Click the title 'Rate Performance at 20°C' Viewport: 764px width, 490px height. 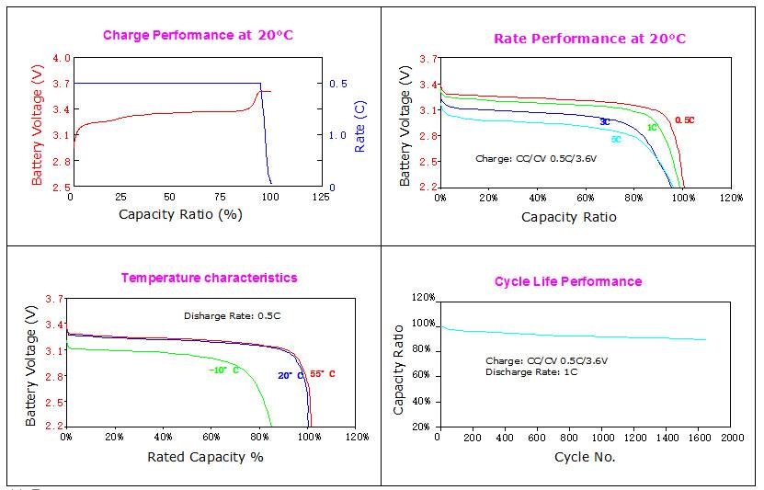coord(589,39)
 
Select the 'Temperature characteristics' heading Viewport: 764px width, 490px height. coord(210,278)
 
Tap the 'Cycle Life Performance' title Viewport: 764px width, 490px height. coord(568,281)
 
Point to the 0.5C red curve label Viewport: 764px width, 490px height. coord(684,120)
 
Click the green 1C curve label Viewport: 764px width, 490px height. coord(652,127)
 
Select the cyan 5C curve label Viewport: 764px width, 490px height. coord(615,140)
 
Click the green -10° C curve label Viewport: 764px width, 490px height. coord(224,370)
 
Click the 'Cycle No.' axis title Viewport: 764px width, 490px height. coord(585,457)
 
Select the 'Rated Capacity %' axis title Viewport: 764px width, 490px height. coord(205,456)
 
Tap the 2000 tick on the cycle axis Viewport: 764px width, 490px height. coord(732,438)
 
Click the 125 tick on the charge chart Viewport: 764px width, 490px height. coord(321,198)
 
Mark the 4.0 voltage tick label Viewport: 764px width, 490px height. coord(62,58)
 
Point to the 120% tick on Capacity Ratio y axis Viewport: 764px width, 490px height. coord(422,298)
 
